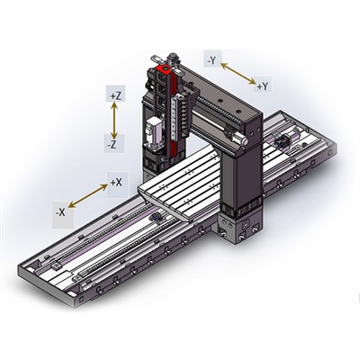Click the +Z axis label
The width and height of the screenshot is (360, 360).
click(114, 94)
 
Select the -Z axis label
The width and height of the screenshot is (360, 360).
click(114, 144)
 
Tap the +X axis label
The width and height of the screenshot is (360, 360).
click(116, 183)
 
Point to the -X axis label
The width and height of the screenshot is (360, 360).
click(59, 212)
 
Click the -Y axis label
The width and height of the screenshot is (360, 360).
click(211, 60)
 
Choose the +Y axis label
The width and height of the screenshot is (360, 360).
click(262, 86)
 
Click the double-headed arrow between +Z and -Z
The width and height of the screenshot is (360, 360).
click(114, 119)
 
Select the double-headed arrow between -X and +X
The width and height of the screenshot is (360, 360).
click(88, 196)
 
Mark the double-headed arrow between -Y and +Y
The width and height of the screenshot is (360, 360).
click(238, 74)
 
